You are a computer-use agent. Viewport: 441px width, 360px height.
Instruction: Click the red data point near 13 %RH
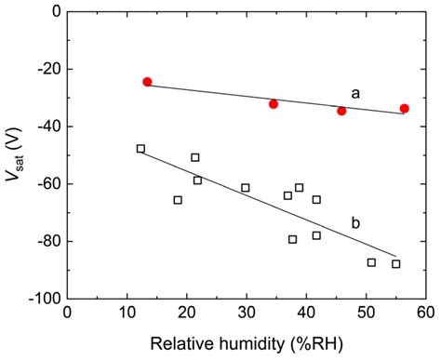click(147, 82)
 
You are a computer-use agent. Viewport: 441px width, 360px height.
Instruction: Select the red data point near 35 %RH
click(274, 104)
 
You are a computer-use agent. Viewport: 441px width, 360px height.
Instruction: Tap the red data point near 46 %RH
click(341, 111)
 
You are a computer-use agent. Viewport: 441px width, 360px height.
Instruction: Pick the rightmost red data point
click(405, 109)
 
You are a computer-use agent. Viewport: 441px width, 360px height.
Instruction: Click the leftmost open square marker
click(140, 149)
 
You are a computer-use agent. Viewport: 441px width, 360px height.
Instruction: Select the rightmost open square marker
click(396, 264)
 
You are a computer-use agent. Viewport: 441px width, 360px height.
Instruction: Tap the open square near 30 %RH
click(246, 188)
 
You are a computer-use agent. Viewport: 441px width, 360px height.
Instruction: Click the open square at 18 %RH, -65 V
click(178, 200)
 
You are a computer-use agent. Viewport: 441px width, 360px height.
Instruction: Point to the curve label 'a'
click(355, 93)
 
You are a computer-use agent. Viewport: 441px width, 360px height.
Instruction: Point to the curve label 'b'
click(355, 222)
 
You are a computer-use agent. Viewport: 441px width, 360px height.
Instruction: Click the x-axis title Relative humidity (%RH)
click(246, 343)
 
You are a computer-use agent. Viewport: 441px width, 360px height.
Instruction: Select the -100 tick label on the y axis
click(39, 300)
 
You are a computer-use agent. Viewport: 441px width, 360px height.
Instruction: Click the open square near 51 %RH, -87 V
click(371, 262)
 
